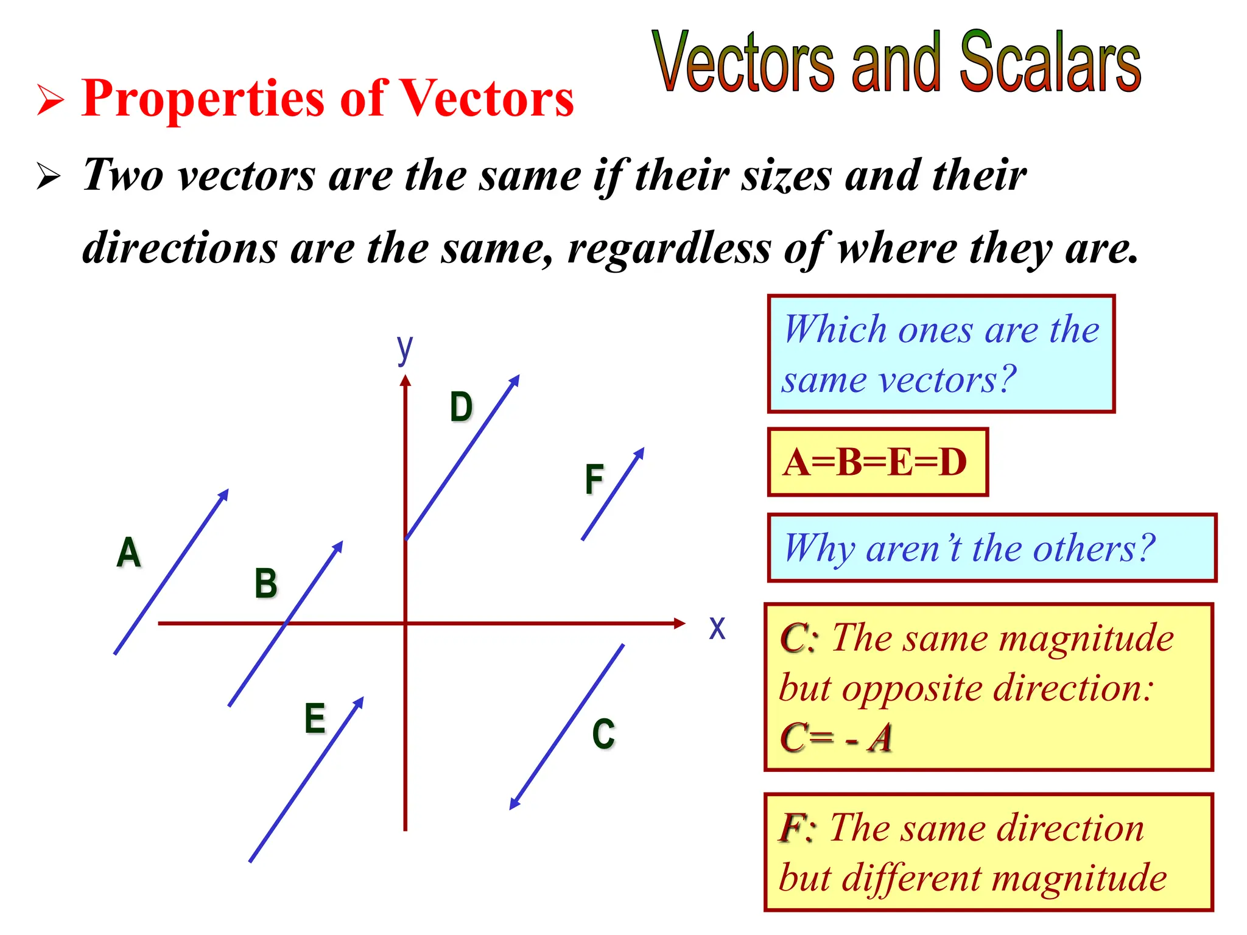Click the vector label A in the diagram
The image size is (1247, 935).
pos(128,552)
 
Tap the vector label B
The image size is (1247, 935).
pos(265,583)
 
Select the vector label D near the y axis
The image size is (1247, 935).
pos(461,407)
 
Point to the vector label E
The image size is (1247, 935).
pos(315,718)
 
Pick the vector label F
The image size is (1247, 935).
pos(594,479)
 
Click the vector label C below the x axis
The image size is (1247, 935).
pos(603,734)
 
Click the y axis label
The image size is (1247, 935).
pos(404,349)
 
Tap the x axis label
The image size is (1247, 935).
pos(717,628)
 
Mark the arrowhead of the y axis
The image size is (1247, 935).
pos(406,381)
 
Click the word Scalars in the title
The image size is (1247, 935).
pos(1050,63)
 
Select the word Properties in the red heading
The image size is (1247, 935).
pos(203,99)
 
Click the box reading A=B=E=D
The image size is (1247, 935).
pos(877,462)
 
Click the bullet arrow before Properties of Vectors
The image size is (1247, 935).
pos(50,100)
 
